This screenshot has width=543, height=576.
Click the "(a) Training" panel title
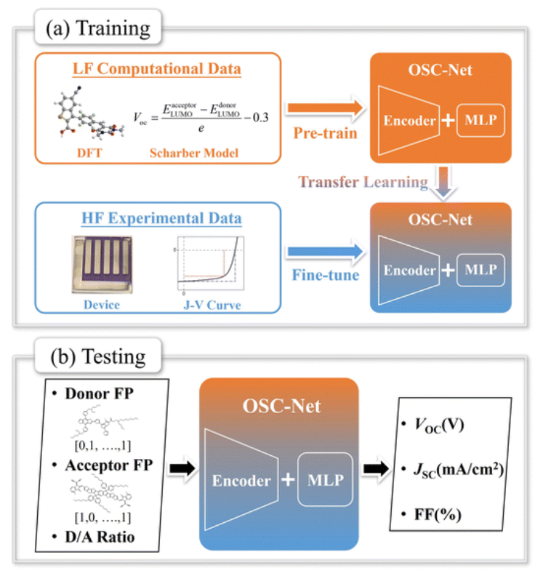click(x=97, y=28)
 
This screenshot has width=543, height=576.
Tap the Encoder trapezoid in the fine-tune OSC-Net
click(x=409, y=271)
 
